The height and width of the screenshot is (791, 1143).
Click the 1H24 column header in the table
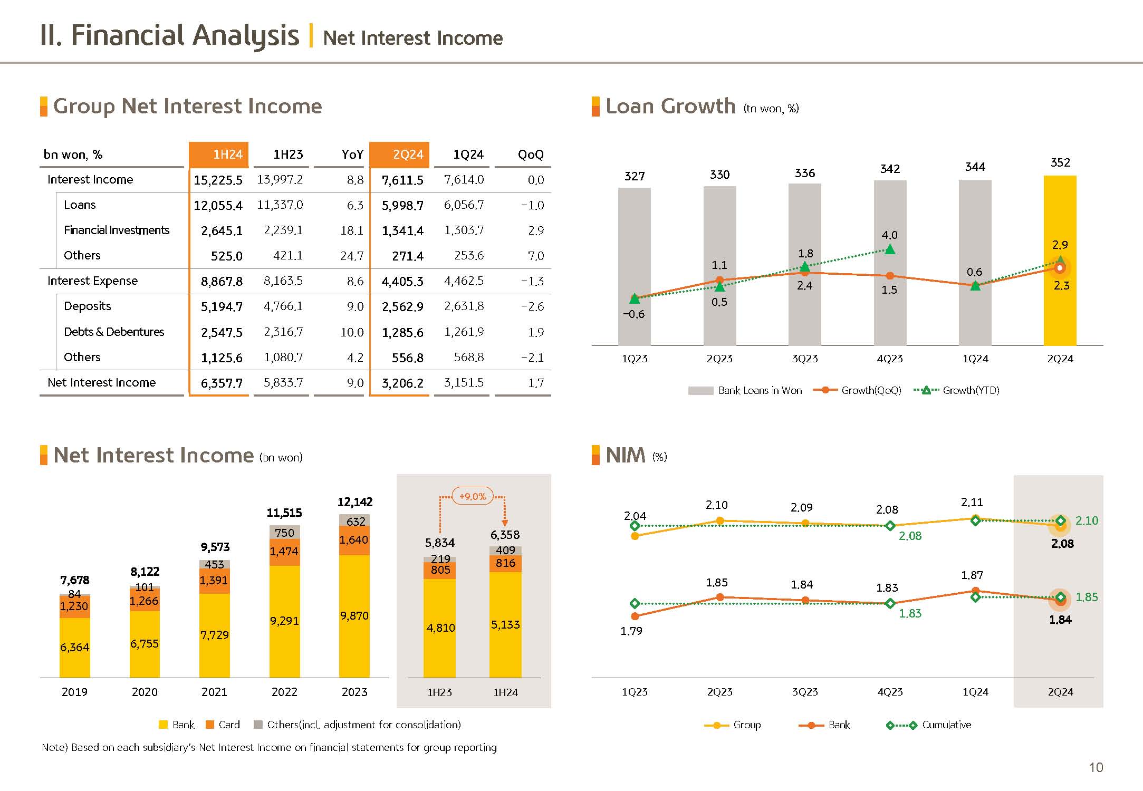219,155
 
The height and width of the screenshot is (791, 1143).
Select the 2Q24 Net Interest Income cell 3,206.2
402,383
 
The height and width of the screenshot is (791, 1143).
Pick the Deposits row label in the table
88,306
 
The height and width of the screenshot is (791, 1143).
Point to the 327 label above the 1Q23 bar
635,176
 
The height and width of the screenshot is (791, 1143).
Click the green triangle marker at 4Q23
890,249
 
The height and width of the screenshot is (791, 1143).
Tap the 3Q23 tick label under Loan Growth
805,359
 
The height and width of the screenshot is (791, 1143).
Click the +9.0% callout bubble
473,497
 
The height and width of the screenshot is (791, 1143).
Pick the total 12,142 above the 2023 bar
355,502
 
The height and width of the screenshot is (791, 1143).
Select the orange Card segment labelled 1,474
284,552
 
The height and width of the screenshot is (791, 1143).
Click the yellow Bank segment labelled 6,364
74,648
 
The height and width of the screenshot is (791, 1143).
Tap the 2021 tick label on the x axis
214,692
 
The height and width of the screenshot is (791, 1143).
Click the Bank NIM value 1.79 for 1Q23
631,631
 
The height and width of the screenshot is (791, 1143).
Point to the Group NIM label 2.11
972,503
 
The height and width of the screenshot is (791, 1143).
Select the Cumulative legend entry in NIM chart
946,725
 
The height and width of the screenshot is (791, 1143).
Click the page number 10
1096,768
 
